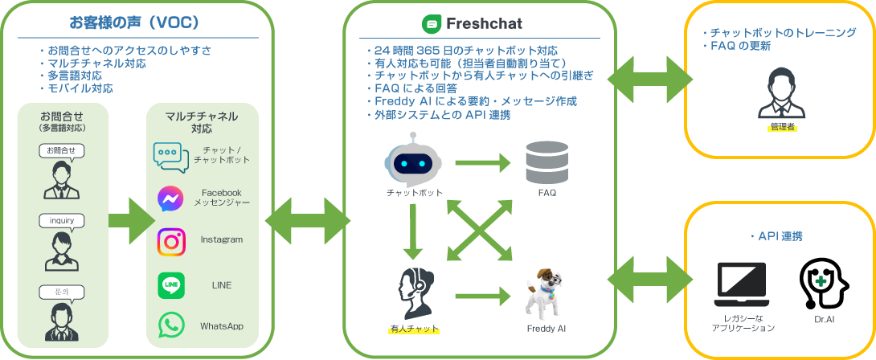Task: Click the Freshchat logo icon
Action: (x=432, y=24)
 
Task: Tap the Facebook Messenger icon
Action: (x=171, y=198)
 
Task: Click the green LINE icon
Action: (x=171, y=284)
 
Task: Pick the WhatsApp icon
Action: (x=171, y=325)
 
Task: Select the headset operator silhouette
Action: (x=414, y=294)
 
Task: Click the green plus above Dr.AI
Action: (x=821, y=282)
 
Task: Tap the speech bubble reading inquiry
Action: (x=61, y=220)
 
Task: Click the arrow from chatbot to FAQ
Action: (x=482, y=163)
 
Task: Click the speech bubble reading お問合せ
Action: (x=61, y=150)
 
